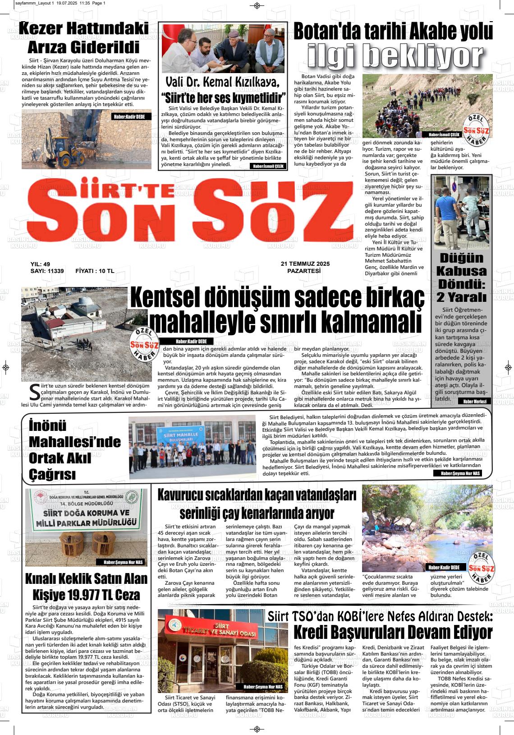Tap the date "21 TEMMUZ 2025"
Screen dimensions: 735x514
click(305, 264)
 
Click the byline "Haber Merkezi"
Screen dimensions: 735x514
click(474, 401)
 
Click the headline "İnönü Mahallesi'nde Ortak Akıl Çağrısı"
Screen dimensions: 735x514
click(74, 450)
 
